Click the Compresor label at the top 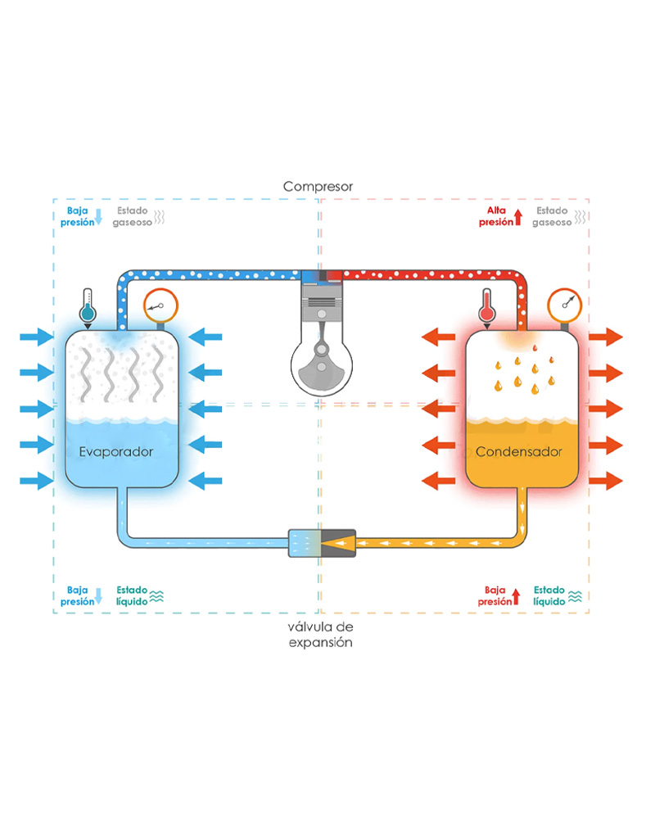pos(318,187)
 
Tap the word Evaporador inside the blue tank pos(116,451)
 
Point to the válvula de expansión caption pos(319,635)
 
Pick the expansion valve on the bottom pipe pos(322,542)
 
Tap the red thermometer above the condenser pos(488,308)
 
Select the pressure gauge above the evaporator pos(160,307)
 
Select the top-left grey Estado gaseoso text pos(134,216)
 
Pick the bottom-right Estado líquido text pos(550,595)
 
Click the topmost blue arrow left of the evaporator pos(37,335)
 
